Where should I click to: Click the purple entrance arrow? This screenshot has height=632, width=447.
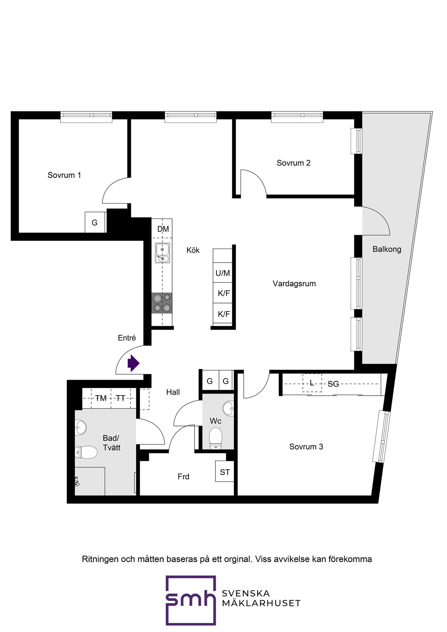click(133, 363)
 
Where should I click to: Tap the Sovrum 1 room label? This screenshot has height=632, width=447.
click(64, 175)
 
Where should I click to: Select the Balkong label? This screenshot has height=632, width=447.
click(387, 249)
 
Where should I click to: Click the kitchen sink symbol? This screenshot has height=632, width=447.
click(162, 253)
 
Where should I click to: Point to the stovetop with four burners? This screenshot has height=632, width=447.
click(162, 303)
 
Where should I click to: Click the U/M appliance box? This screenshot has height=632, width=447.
click(223, 273)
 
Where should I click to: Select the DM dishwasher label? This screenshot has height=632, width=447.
click(163, 229)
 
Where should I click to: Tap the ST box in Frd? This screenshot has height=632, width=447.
click(225, 472)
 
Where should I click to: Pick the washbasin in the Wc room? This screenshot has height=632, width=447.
click(229, 408)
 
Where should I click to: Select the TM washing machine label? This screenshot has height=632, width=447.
click(101, 398)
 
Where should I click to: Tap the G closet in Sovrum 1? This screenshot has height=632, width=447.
click(95, 222)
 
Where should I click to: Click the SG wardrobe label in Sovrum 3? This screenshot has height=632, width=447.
click(333, 384)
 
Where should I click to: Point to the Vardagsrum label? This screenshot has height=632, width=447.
click(294, 284)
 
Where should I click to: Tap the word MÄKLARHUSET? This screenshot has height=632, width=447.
click(261, 603)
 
